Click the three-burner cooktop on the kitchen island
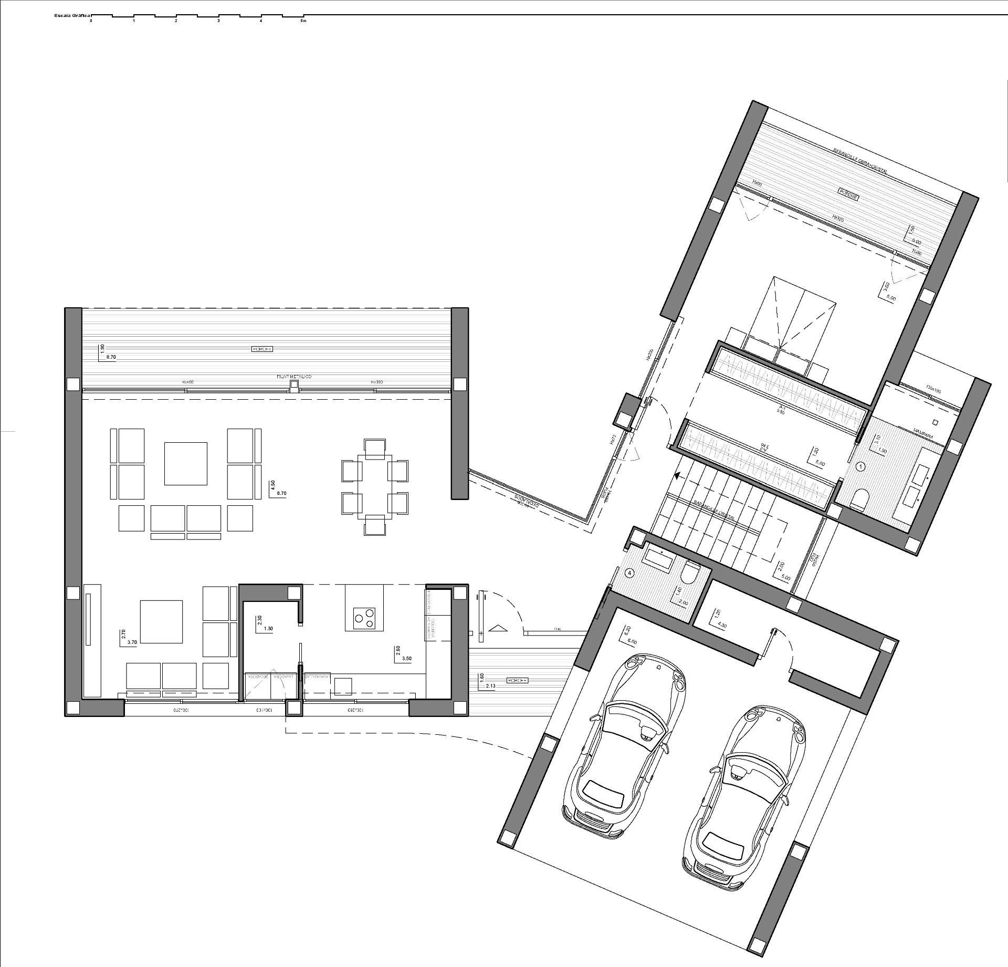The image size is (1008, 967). [364, 617]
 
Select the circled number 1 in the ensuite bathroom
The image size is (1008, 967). [860, 466]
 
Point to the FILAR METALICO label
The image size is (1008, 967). [295, 377]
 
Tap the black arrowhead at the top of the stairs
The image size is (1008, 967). [678, 476]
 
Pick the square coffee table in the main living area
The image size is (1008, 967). [185, 463]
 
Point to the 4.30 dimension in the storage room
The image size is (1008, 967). [722, 626]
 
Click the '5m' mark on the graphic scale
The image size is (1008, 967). [303, 21]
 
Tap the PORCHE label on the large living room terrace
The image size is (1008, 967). [262, 349]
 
